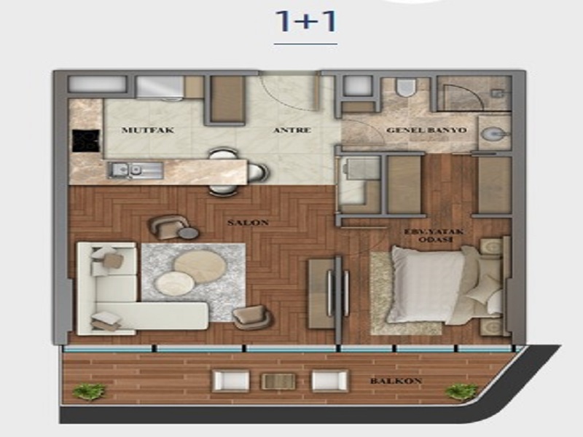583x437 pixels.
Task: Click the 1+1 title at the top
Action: (x=306, y=22)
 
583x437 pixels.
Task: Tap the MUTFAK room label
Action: (x=148, y=130)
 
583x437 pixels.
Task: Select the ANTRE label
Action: (x=292, y=130)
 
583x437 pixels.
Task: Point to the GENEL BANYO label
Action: (x=426, y=130)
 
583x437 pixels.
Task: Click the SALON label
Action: (x=248, y=223)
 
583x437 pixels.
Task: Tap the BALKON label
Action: (x=396, y=381)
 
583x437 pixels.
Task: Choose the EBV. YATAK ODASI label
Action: (x=434, y=235)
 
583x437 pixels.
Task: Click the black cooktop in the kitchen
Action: (x=86, y=141)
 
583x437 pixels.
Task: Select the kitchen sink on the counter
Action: (x=136, y=170)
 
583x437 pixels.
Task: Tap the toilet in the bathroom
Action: (x=404, y=87)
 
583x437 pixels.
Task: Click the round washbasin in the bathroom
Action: (x=494, y=134)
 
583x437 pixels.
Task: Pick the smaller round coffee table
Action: (x=174, y=283)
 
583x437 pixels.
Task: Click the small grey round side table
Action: (x=189, y=233)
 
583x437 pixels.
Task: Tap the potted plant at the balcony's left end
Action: (x=89, y=392)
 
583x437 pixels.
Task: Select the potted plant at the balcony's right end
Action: (x=462, y=392)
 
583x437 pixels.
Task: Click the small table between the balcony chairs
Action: (x=279, y=381)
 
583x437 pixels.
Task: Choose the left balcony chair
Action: (x=230, y=381)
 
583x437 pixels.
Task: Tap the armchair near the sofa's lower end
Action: (x=253, y=317)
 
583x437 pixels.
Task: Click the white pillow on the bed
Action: (x=426, y=284)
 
